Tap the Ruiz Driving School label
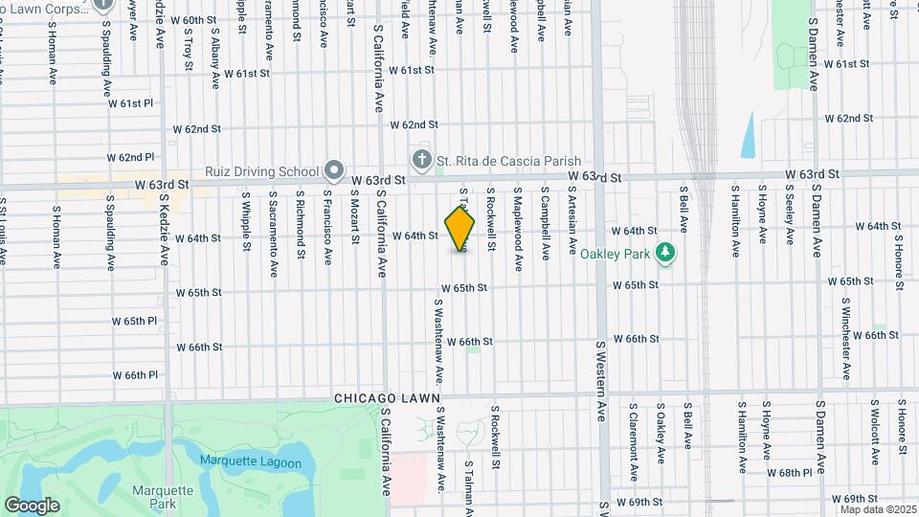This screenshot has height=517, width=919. click(261, 172)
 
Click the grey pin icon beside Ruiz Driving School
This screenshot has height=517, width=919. click(334, 170)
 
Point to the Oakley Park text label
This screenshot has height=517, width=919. click(616, 254)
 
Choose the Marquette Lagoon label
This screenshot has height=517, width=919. click(251, 463)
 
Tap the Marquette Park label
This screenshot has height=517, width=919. click(151, 496)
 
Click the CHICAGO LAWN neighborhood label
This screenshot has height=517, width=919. click(388, 397)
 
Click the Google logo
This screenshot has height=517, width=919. click(32, 506)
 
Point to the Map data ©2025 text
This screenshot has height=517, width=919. click(877, 509)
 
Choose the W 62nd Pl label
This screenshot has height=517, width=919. click(131, 156)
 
